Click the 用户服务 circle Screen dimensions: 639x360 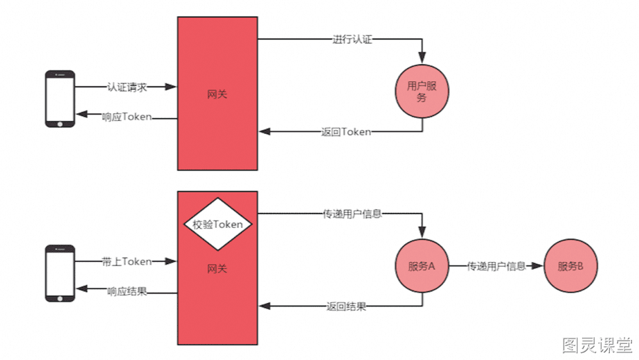[422, 91]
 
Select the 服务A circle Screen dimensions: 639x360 [422, 265]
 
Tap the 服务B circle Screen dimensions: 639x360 [570, 265]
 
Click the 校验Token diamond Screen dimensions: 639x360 [217, 224]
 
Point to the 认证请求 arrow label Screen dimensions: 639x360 [126, 88]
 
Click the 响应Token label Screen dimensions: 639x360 [126, 117]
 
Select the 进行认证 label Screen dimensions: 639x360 [352, 40]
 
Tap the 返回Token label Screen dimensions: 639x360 [346, 132]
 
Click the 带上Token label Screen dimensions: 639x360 [126, 262]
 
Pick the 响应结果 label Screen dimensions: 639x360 [126, 291]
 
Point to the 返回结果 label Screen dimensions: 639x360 [346, 306]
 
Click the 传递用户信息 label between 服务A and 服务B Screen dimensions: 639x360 [496, 266]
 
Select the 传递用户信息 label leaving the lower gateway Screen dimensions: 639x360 [352, 214]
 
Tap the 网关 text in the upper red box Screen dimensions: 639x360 [217, 95]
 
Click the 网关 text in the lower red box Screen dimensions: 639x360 [217, 269]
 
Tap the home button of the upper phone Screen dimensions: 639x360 [60, 124]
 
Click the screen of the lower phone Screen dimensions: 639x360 [60, 274]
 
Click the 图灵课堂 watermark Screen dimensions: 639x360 [597, 345]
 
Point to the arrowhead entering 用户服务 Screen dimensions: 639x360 [422, 58]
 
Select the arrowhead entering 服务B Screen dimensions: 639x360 [537, 265]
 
